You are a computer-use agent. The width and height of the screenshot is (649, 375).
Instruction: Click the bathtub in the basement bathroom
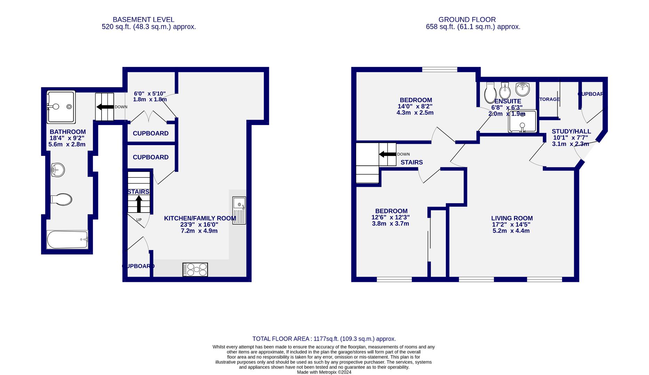[x=67, y=240]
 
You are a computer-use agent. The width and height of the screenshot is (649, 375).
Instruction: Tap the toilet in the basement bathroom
[x=62, y=199]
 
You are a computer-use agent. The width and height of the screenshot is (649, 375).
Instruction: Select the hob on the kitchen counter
[x=195, y=269]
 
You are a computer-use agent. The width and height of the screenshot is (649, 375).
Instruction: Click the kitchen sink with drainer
[x=239, y=210]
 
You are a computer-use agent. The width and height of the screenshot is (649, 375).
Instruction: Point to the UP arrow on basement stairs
[x=139, y=204]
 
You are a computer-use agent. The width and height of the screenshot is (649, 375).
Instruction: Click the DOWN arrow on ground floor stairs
[x=387, y=154]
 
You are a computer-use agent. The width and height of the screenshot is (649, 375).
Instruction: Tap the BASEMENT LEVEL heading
[x=143, y=20]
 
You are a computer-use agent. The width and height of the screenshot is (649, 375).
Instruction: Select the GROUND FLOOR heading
[x=467, y=20]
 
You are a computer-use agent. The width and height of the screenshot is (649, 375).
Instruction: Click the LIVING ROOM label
[x=512, y=218]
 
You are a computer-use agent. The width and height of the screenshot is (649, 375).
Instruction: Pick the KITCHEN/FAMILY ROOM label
[x=200, y=218]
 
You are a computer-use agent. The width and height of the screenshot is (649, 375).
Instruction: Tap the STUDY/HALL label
[x=571, y=131]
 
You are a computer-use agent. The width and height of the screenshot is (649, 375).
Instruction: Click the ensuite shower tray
[x=522, y=121]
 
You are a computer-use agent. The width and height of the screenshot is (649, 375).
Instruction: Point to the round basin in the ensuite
[x=522, y=89]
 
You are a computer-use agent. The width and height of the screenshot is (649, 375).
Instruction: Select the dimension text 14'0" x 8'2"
[x=415, y=107]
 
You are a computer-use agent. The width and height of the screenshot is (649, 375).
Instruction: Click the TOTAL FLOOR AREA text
[x=324, y=339]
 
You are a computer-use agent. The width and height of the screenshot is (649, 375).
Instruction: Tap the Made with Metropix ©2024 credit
[x=324, y=372]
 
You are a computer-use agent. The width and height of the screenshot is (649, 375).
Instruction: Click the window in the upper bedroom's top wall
[x=440, y=69]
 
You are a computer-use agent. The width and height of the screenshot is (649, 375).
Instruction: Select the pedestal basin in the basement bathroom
[x=58, y=170]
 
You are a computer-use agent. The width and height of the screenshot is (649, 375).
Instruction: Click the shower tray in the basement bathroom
[x=61, y=107]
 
